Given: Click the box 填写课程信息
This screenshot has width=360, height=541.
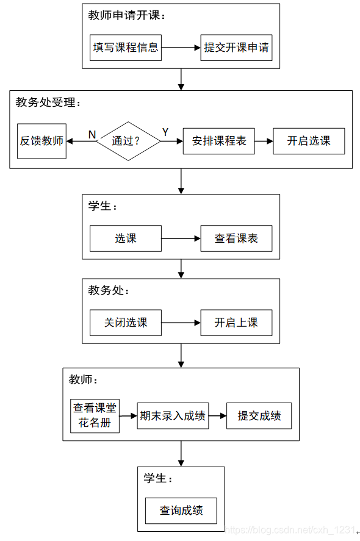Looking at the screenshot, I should [126, 48].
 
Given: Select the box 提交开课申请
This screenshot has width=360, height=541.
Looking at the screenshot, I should [236, 48].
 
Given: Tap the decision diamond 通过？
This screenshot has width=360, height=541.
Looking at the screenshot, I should [128, 141].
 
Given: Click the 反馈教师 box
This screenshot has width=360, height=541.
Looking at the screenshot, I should [41, 141].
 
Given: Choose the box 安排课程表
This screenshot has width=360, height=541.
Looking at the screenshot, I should [219, 141].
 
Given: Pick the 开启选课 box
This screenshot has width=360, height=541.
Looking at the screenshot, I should [309, 141].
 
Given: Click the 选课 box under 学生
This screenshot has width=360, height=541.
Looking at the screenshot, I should [126, 238].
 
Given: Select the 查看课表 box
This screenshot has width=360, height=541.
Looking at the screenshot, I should [236, 238].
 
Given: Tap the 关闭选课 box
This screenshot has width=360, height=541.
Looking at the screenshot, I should [126, 323].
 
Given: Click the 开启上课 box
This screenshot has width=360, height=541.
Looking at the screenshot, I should [236, 323].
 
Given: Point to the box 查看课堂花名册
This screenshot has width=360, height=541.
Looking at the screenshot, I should [95, 416].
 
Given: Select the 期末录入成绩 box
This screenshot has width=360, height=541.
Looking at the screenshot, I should [173, 416].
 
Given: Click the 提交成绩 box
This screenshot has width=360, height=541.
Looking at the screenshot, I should [259, 416].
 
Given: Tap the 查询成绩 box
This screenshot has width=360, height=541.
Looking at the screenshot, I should [181, 511].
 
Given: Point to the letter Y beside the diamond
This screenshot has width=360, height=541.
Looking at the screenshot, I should [165, 132].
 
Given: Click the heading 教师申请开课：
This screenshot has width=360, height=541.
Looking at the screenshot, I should [126, 16].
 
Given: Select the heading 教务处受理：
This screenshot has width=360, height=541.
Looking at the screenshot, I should [48, 102].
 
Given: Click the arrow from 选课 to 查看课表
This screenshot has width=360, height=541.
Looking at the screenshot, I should [181, 238].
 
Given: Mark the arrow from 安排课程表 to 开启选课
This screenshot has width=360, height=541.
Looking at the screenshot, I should [264, 141].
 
